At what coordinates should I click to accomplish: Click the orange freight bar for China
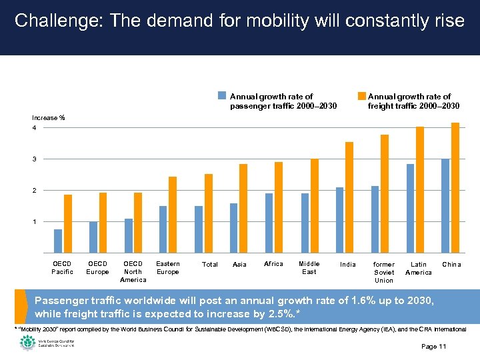[455, 187]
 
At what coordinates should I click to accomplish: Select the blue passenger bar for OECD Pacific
[58, 241]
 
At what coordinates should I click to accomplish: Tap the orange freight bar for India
[349, 197]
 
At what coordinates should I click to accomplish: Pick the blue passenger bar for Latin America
[411, 208]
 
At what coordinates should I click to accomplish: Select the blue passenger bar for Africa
[269, 223]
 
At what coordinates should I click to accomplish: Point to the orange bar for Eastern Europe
[173, 215]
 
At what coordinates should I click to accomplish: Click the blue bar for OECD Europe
[93, 237]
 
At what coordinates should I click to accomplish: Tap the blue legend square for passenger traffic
[224, 95]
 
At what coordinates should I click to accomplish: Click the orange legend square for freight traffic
[362, 95]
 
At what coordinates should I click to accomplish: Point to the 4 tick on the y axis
[34, 128]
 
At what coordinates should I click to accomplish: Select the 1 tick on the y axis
[34, 221]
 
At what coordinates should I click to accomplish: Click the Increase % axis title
[49, 118]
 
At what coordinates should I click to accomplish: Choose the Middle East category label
[309, 268]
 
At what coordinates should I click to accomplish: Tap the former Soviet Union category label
[384, 272]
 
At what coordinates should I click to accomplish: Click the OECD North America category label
[133, 272]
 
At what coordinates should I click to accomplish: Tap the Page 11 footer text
[434, 347]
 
